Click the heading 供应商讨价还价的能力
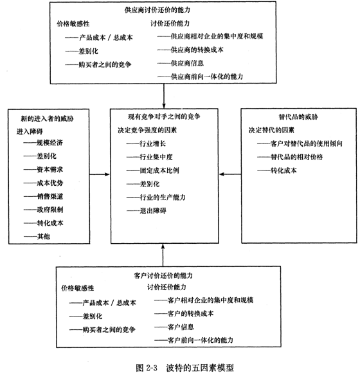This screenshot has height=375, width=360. coord(157,10)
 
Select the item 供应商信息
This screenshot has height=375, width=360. coord(187,64)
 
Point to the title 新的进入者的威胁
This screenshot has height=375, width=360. coord(47,118)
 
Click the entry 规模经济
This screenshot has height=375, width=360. coord(50,143)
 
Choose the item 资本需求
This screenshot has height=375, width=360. coord(50,170)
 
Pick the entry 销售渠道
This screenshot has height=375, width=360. coord(50,196)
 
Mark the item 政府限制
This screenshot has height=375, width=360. coord(50,210)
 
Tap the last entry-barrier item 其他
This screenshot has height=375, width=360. coord(44,237)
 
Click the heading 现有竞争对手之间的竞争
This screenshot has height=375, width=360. coord(164,116)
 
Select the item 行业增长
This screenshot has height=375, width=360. coord(153,143)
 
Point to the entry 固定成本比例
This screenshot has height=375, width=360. coord(159,170)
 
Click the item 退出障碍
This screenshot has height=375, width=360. coord(153,211)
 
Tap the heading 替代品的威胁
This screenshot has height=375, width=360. coord(298,117)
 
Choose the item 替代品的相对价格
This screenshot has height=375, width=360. coord(296,157)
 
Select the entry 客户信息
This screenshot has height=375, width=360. coord(181,327)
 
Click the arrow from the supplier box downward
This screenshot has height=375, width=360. coord(164,96)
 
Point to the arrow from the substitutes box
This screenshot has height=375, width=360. coord(230,174)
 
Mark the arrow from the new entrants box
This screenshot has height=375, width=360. coord(100,174)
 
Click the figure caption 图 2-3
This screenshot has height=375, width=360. coord(147,367)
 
